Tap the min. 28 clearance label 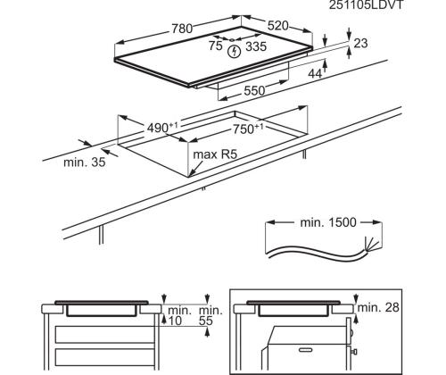click(x=377, y=307)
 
